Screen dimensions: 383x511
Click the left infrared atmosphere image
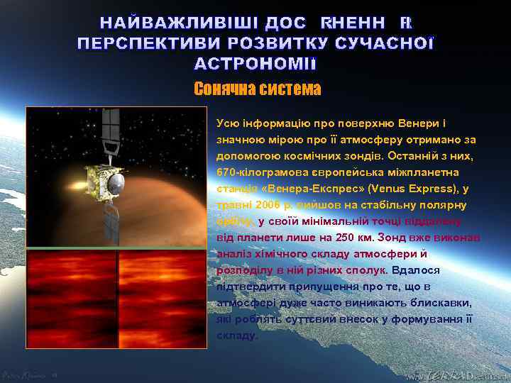(x=71, y=297)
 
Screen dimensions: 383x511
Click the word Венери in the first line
(x=422, y=123)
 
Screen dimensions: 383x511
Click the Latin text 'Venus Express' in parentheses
(x=391, y=189)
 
